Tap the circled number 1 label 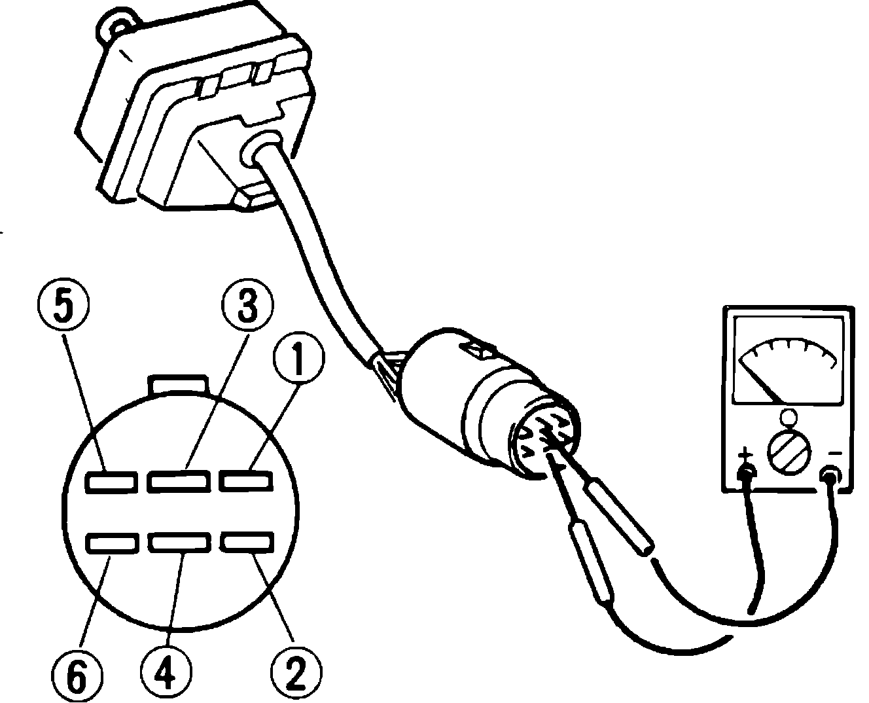[298, 359]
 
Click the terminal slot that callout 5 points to [111, 481]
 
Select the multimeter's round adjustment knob [788, 452]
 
